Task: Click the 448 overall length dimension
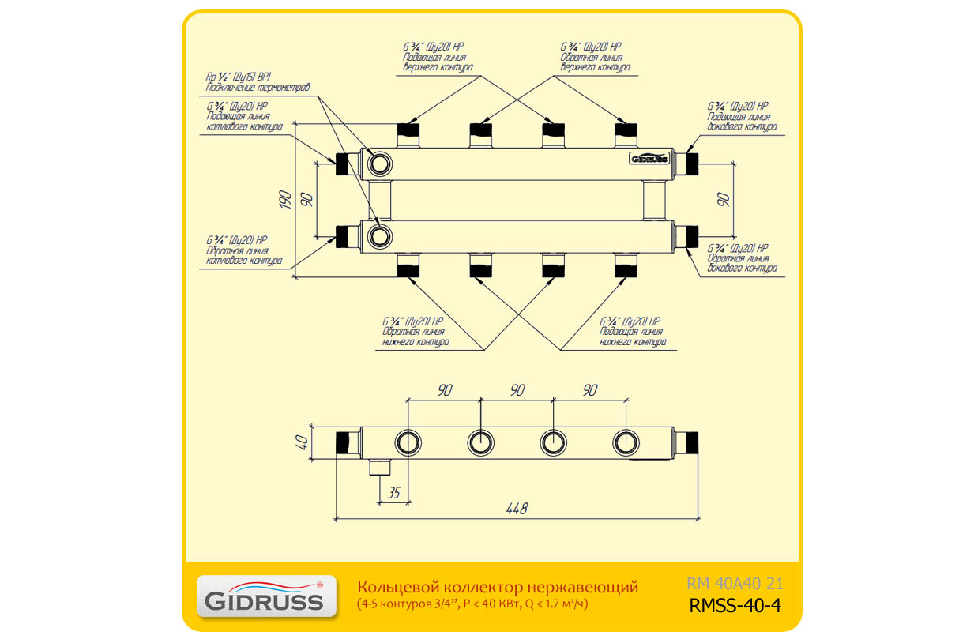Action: (x=517, y=509)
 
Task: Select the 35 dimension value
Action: (x=395, y=493)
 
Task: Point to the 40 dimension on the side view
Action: (x=300, y=442)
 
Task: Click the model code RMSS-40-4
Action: (x=735, y=607)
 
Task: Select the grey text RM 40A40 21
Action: (x=735, y=585)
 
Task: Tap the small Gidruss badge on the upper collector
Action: (x=649, y=158)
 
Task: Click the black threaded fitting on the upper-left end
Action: (x=342, y=164)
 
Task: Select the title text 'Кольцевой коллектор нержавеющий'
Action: (x=498, y=587)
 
